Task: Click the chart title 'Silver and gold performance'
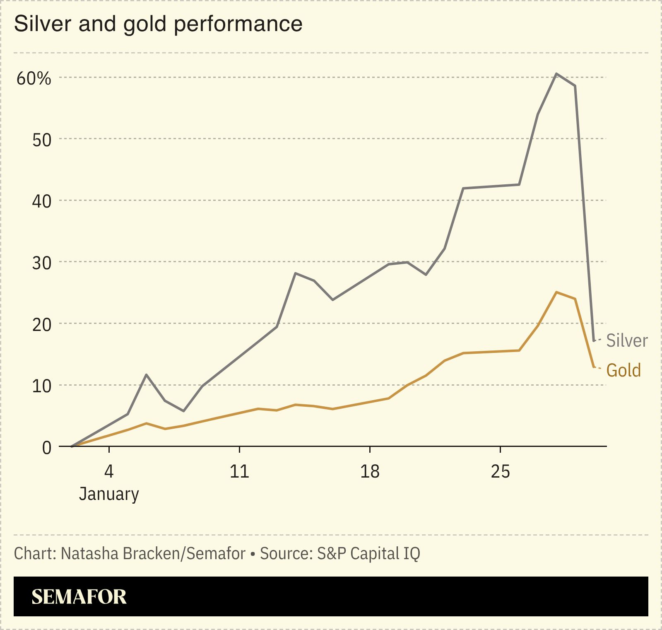click(x=158, y=24)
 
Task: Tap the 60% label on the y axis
click(x=34, y=78)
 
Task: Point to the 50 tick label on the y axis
click(x=41, y=140)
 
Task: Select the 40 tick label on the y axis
click(x=41, y=202)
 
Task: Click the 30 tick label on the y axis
click(x=41, y=263)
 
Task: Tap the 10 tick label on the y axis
click(x=41, y=386)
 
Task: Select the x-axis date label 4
click(x=108, y=471)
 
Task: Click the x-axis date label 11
click(x=239, y=471)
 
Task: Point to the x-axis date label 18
click(x=369, y=471)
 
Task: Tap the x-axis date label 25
click(x=500, y=471)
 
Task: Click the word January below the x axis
click(x=109, y=494)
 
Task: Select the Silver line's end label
click(x=627, y=340)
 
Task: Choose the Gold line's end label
click(x=623, y=370)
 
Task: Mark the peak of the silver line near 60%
click(x=556, y=74)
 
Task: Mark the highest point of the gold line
click(x=556, y=292)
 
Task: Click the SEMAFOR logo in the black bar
click(x=79, y=596)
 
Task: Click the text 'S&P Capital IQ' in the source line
click(x=368, y=554)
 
